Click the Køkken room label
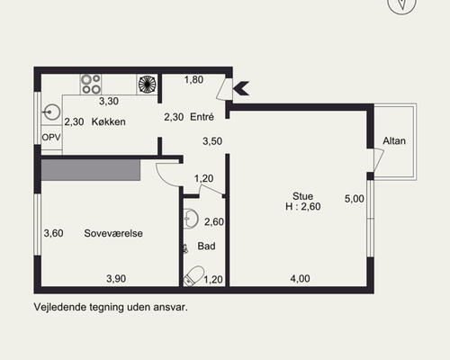pyautogui.click(x=108, y=121)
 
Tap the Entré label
pyautogui.click(x=202, y=117)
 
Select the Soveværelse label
pyautogui.click(x=113, y=233)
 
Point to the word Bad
pyautogui.click(x=206, y=246)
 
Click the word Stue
pyautogui.click(x=302, y=196)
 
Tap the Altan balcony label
pyautogui.click(x=394, y=140)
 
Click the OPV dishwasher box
pyautogui.click(x=51, y=138)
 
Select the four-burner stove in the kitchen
pyautogui.click(x=91, y=85)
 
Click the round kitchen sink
pyautogui.click(x=51, y=112)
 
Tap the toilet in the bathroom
pyautogui.click(x=193, y=276)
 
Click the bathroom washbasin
pyautogui.click(x=191, y=219)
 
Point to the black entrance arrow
pyautogui.click(x=241, y=88)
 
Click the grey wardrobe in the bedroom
pyautogui.click(x=91, y=170)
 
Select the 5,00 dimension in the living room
pyautogui.click(x=355, y=199)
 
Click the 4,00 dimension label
pyautogui.click(x=300, y=279)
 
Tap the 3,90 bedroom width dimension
pyautogui.click(x=116, y=279)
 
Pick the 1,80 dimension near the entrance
pyautogui.click(x=193, y=80)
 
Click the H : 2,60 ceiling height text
pyautogui.click(x=303, y=207)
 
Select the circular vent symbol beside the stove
pyautogui.click(x=147, y=85)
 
